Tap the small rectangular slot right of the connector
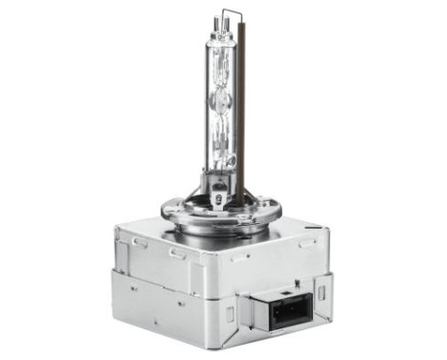point(323,288)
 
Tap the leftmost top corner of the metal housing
point(114,230)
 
